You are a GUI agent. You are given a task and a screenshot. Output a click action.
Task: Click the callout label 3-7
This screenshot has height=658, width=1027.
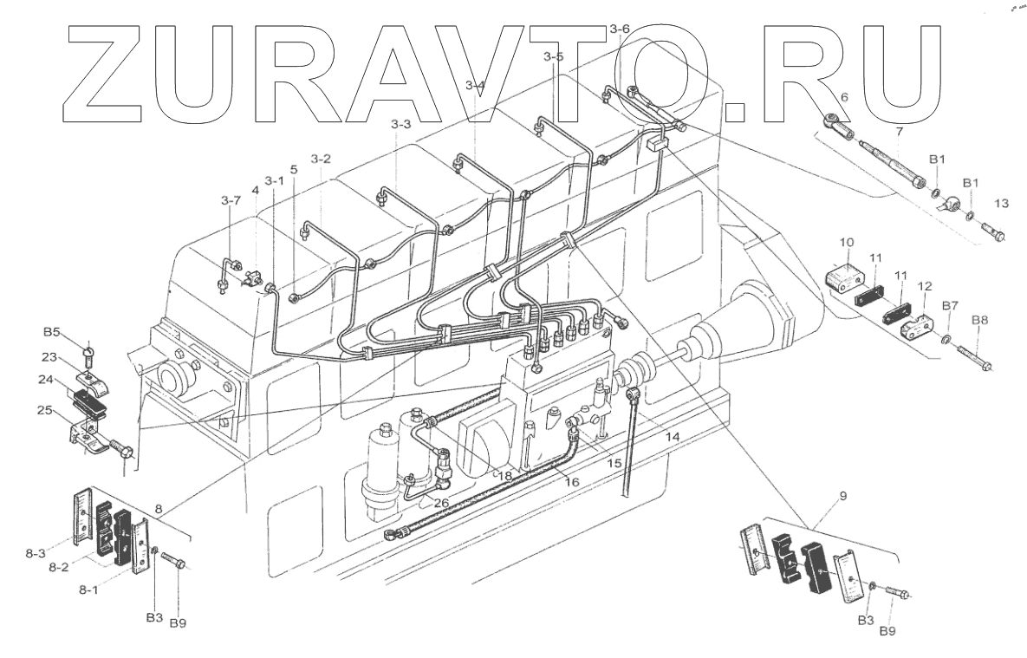point(230,200)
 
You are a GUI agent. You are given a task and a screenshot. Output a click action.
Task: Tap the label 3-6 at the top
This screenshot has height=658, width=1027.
point(619,29)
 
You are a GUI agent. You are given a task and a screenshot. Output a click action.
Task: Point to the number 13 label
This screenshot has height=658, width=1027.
point(1001,205)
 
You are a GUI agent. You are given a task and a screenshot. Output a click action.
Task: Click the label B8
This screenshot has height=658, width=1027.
point(978,320)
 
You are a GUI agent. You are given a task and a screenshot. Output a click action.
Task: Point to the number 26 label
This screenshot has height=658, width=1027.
point(441,501)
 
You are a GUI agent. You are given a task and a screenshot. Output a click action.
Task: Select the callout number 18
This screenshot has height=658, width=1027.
point(504,476)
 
